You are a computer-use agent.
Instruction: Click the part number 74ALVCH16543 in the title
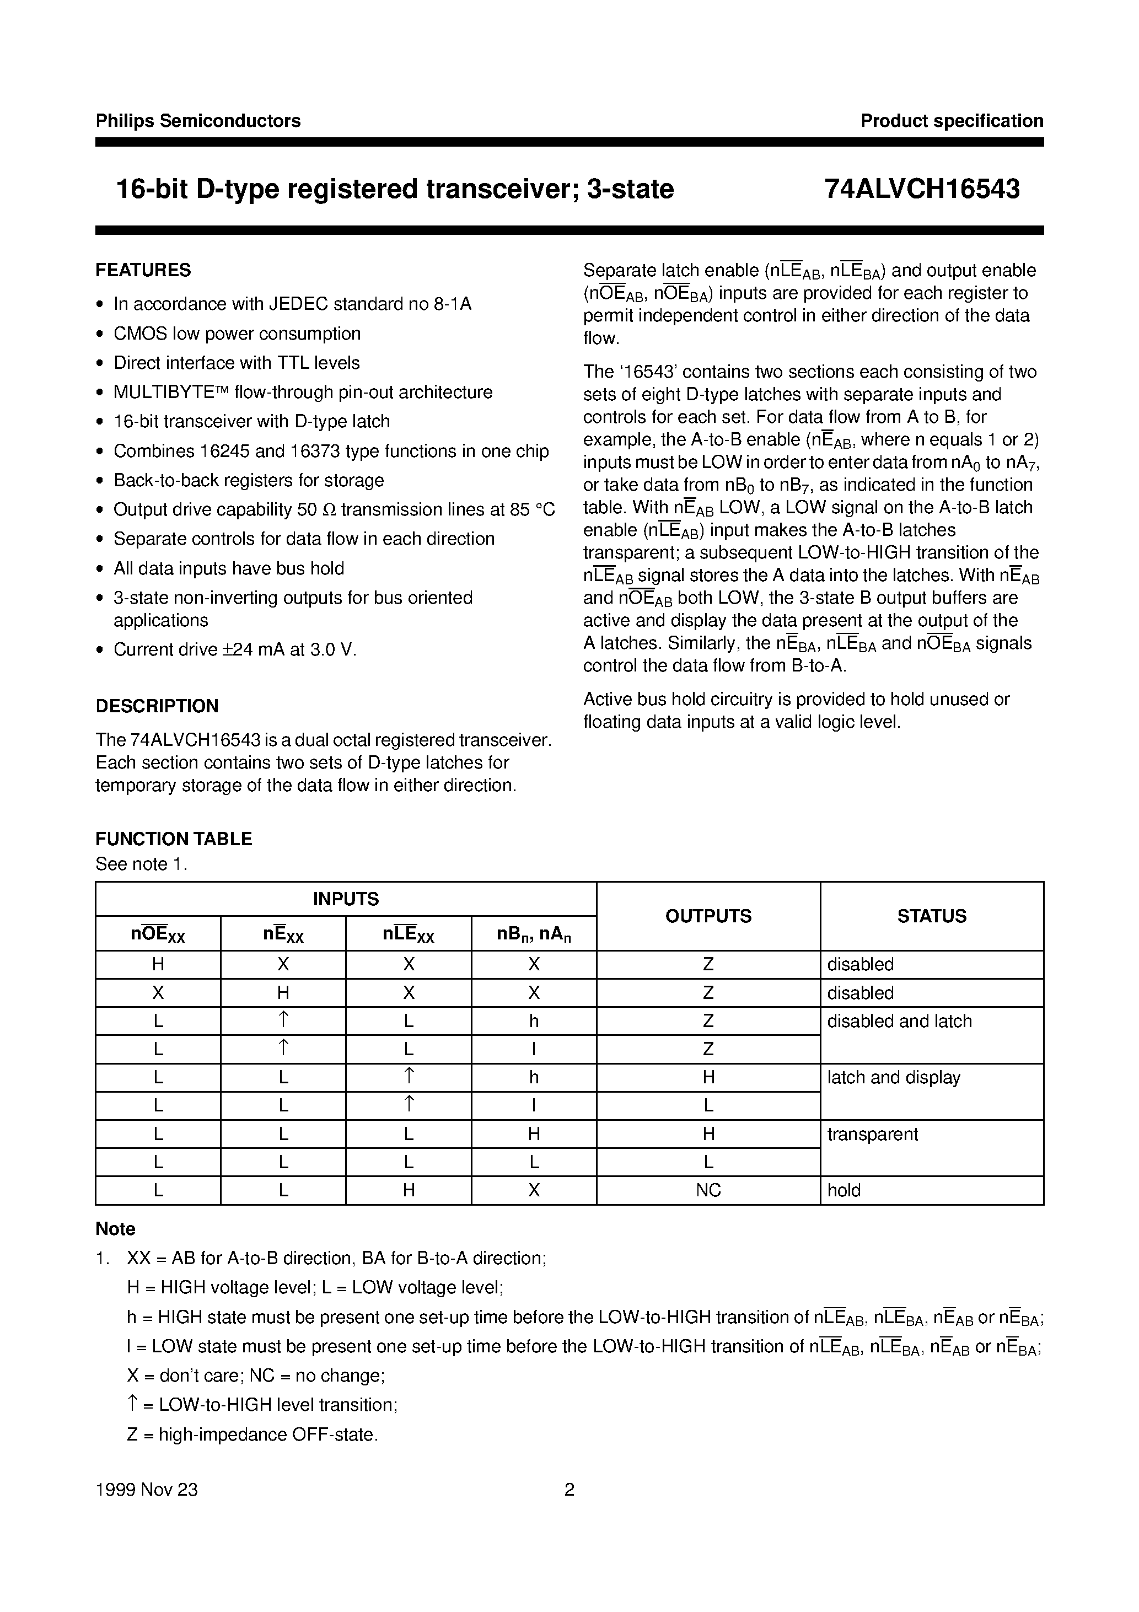point(922,189)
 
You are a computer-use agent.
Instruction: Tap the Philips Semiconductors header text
point(198,121)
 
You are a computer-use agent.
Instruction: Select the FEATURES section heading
point(143,270)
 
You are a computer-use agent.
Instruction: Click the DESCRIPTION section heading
point(157,706)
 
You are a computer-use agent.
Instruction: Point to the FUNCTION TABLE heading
point(174,839)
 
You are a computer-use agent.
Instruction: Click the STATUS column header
point(931,916)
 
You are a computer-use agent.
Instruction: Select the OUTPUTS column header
point(708,916)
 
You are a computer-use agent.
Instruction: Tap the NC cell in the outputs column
point(708,1190)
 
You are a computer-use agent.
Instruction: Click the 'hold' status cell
point(843,1190)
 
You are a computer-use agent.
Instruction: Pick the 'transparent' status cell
point(872,1134)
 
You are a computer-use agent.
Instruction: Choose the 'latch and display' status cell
point(893,1077)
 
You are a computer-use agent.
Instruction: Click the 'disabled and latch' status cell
point(899,1021)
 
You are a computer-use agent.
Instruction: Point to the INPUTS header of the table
point(346,899)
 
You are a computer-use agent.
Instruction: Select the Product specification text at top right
point(952,121)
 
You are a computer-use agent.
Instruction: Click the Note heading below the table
point(115,1229)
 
